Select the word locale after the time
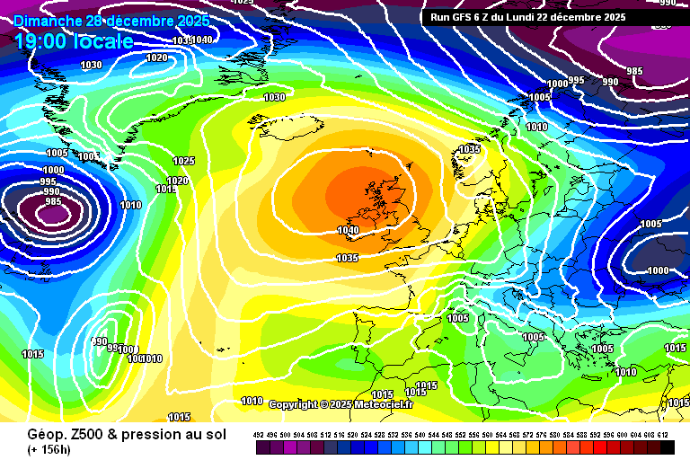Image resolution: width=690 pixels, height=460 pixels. click(106, 41)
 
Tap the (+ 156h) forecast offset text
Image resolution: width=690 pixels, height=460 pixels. click(49, 449)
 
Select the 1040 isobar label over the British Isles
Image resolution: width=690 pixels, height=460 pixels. click(348, 231)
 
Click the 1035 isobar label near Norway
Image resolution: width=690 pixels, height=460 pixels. click(469, 149)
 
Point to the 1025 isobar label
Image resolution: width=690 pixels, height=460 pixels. click(183, 161)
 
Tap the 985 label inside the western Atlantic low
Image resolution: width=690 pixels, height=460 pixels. click(52, 201)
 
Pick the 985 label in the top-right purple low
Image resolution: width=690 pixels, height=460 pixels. click(634, 71)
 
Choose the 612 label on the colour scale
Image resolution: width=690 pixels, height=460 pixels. click(662, 435)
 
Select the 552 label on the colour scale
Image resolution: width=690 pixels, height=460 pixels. click(461, 435)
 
